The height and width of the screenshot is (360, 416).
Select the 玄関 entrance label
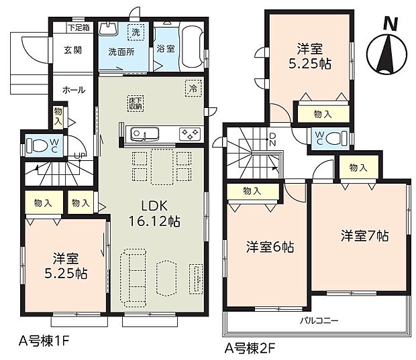[72, 50]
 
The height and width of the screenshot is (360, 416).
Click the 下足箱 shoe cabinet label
[79, 28]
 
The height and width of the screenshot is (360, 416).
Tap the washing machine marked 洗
[136, 32]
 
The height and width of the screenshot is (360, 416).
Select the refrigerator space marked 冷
[193, 87]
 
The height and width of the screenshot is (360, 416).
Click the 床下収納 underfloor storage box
[136, 103]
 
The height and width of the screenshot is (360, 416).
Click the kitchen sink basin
[142, 134]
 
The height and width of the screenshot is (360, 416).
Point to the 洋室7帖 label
[364, 236]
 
